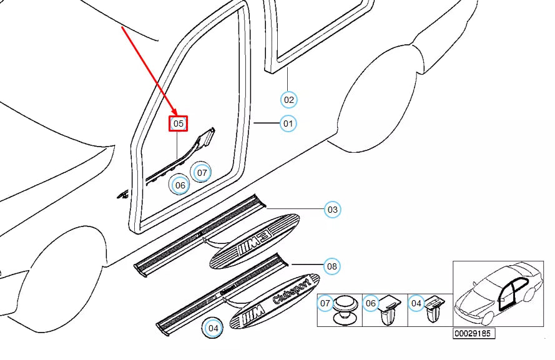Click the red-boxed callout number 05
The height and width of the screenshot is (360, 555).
(179, 124)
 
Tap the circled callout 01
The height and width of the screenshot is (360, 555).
(288, 124)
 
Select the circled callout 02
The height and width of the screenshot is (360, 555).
(288, 99)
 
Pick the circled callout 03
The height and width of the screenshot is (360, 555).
(333, 210)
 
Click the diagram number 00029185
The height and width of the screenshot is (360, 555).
(474, 334)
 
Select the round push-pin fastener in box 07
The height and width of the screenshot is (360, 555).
(344, 309)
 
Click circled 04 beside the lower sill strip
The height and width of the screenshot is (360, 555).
(214, 328)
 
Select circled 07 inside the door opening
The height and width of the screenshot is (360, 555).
(201, 172)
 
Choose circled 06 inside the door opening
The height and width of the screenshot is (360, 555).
(180, 185)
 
